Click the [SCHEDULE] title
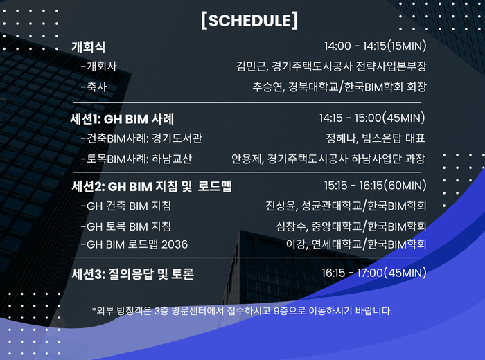point(249,21)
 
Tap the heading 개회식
point(89,47)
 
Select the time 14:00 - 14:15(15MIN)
point(376,46)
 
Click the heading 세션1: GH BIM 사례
point(123,119)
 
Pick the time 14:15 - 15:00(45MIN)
point(373,118)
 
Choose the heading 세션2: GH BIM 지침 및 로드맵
point(152,186)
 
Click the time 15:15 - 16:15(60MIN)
point(376,186)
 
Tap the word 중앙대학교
point(337,226)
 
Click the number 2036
point(175,244)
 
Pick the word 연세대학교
point(337,244)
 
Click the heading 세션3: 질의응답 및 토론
point(133,274)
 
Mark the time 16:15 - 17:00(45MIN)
point(374,273)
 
